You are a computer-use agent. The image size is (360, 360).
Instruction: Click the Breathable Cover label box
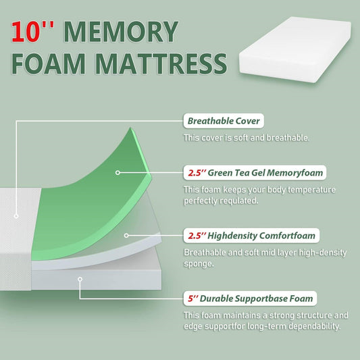point(224,122)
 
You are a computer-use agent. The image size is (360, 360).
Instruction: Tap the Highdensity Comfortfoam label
point(251,236)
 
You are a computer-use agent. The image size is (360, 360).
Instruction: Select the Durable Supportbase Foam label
point(250,298)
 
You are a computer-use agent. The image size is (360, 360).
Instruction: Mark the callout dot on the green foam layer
point(118,172)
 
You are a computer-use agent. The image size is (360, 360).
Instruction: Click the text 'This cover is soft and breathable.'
point(247,138)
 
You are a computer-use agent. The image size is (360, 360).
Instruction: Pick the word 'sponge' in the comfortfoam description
point(201,263)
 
